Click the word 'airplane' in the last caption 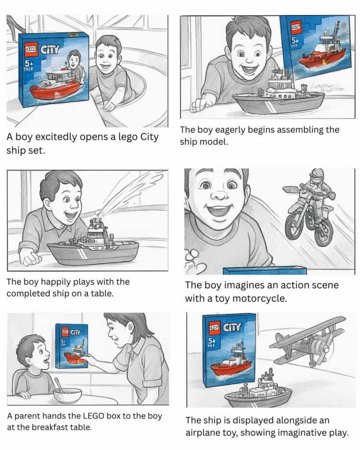click(x=204, y=432)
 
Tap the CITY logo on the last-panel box click(x=232, y=327)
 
